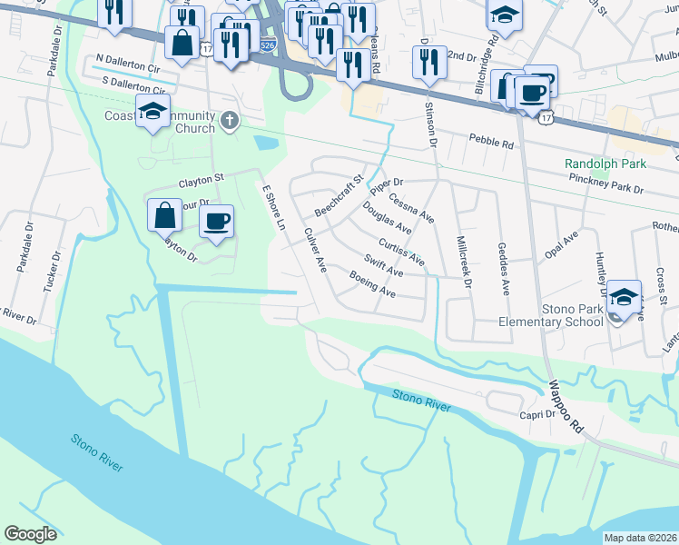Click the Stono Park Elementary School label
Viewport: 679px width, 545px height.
(554, 314)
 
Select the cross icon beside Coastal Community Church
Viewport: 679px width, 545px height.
(231, 119)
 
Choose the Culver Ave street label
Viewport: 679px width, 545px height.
(315, 250)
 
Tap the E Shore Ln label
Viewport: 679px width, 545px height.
(273, 208)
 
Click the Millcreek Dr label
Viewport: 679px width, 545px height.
(465, 263)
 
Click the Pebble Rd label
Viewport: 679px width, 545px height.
(491, 142)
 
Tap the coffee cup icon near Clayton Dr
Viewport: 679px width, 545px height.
(216, 222)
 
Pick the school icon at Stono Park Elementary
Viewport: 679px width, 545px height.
(624, 298)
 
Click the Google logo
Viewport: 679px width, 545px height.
(30, 534)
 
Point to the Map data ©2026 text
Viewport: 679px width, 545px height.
(639, 538)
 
